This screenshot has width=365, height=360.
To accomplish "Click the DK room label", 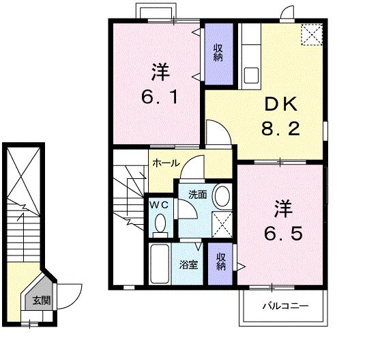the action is tap(281, 104).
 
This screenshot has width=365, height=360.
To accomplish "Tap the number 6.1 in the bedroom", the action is tap(160, 97).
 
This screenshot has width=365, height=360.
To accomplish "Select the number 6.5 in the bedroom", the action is tap(283, 233).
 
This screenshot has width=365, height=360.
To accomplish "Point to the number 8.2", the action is tap(280, 128).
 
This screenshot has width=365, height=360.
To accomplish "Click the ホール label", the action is tap(166, 163).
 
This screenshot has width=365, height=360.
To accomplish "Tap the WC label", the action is tap(159, 205).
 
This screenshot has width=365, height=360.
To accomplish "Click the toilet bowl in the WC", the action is tap(160, 223).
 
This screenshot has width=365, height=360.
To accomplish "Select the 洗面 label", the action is tap(198, 194).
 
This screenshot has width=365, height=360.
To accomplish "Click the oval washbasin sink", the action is tap(222, 195).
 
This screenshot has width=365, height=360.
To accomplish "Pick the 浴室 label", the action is tap(188, 264).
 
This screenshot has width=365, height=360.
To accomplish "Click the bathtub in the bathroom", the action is tap(160, 264).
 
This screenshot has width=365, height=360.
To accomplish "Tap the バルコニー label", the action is tap(285, 305).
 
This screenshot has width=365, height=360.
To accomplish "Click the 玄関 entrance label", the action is tap(42, 301).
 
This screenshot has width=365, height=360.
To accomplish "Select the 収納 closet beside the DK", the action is tap(219, 54).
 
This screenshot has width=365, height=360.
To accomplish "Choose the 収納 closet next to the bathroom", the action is tap(220, 264).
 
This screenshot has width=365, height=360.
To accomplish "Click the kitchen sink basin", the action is tap(251, 75).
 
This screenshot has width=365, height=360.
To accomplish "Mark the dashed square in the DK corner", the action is tap(312, 34).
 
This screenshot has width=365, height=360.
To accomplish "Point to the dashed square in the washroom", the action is tap(222, 225).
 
